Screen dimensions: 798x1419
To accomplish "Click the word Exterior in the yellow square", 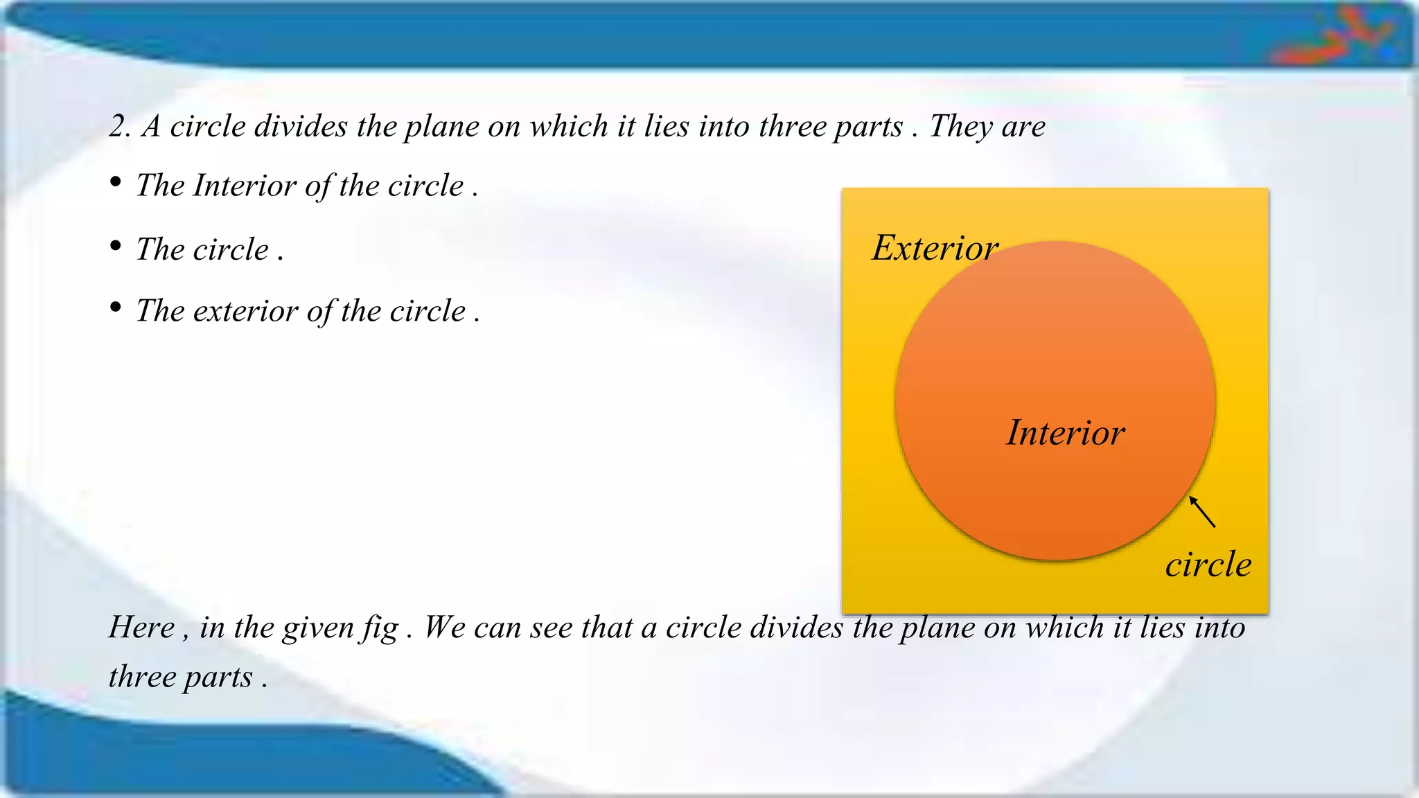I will (934, 248).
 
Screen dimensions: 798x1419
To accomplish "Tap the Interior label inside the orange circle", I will (1065, 433).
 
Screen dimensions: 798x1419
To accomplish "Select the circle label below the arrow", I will (1208, 565).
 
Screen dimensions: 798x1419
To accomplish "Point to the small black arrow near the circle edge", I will (1202, 512).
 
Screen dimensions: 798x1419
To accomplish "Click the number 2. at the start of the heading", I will (119, 127).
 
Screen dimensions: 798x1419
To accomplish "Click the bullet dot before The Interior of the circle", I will (116, 182).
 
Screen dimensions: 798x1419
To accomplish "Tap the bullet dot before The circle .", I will (116, 246).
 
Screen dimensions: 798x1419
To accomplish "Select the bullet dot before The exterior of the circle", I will (116, 307).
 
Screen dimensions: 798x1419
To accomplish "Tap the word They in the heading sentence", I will (958, 127).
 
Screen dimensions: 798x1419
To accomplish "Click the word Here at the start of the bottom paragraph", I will (142, 628).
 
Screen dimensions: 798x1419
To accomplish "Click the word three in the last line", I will (142, 677).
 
